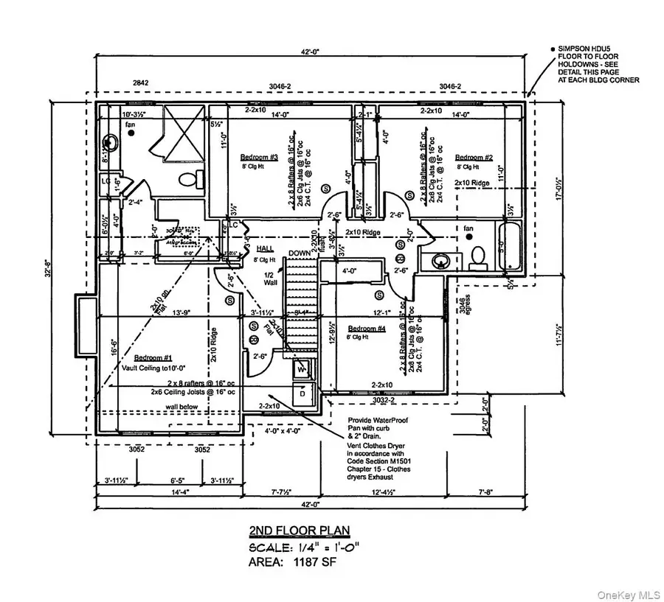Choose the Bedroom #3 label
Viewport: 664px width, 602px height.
click(259, 157)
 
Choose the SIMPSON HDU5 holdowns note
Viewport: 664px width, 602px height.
click(594, 63)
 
